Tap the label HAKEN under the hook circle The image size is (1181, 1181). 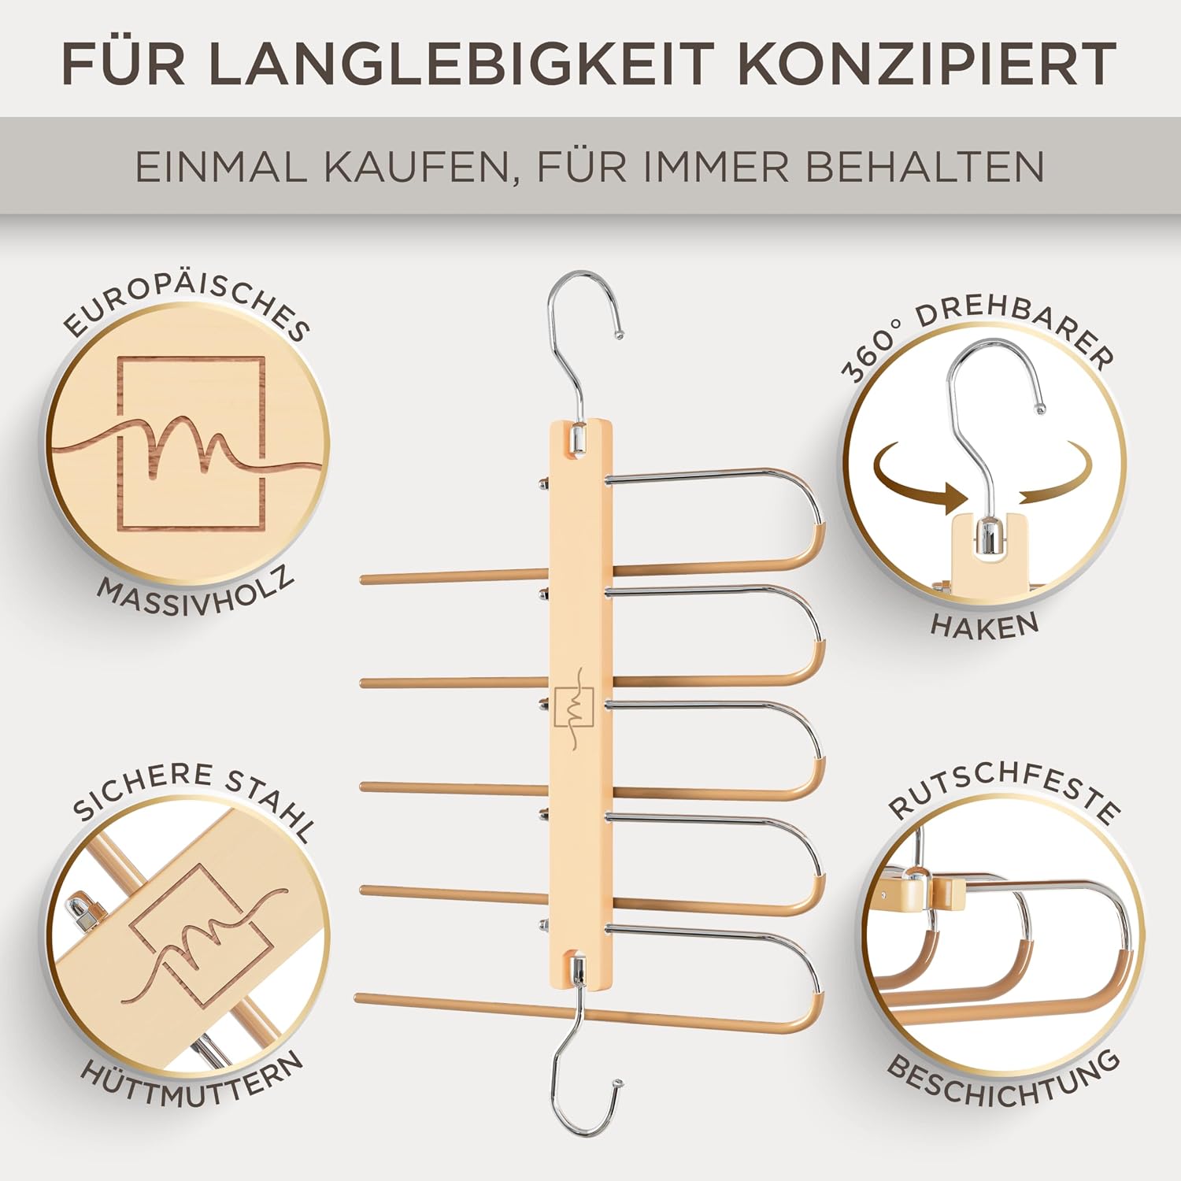[x=985, y=625]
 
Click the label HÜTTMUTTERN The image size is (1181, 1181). [x=193, y=1080]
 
